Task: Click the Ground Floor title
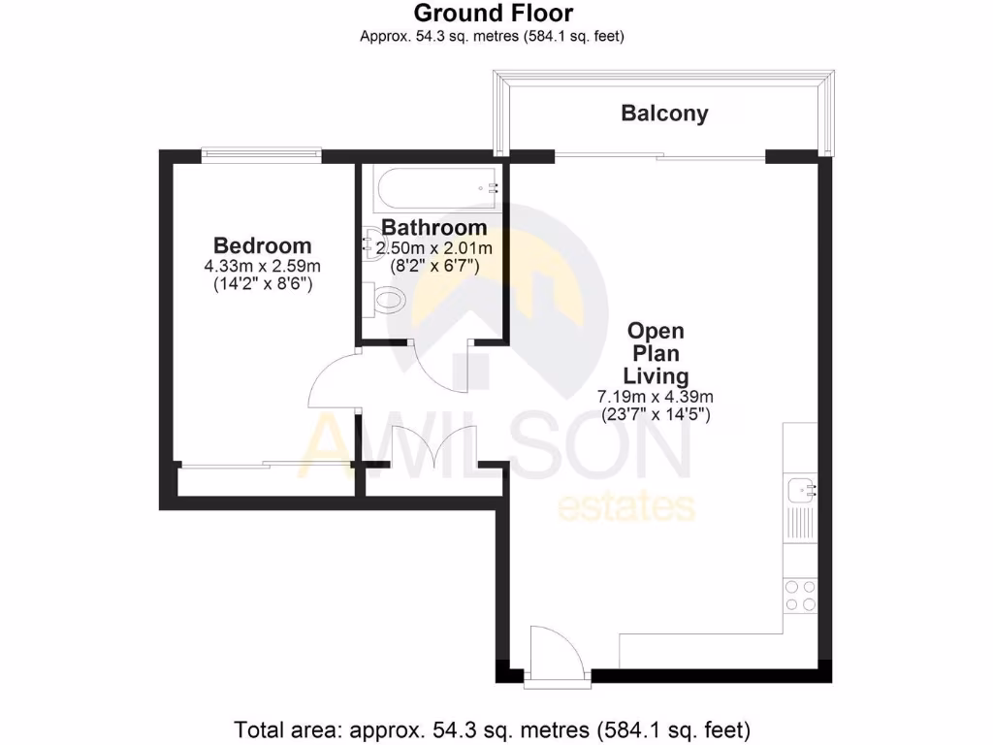click(493, 14)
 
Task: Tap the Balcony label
click(664, 113)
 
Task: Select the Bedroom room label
click(263, 245)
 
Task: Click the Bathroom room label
click(433, 227)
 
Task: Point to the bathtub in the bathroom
click(435, 187)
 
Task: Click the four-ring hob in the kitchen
click(800, 595)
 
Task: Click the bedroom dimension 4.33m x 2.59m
click(263, 266)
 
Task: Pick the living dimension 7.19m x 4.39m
click(656, 396)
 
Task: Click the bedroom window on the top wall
click(261, 151)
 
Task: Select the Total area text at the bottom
click(493, 728)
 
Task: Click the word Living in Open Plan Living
click(656, 375)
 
